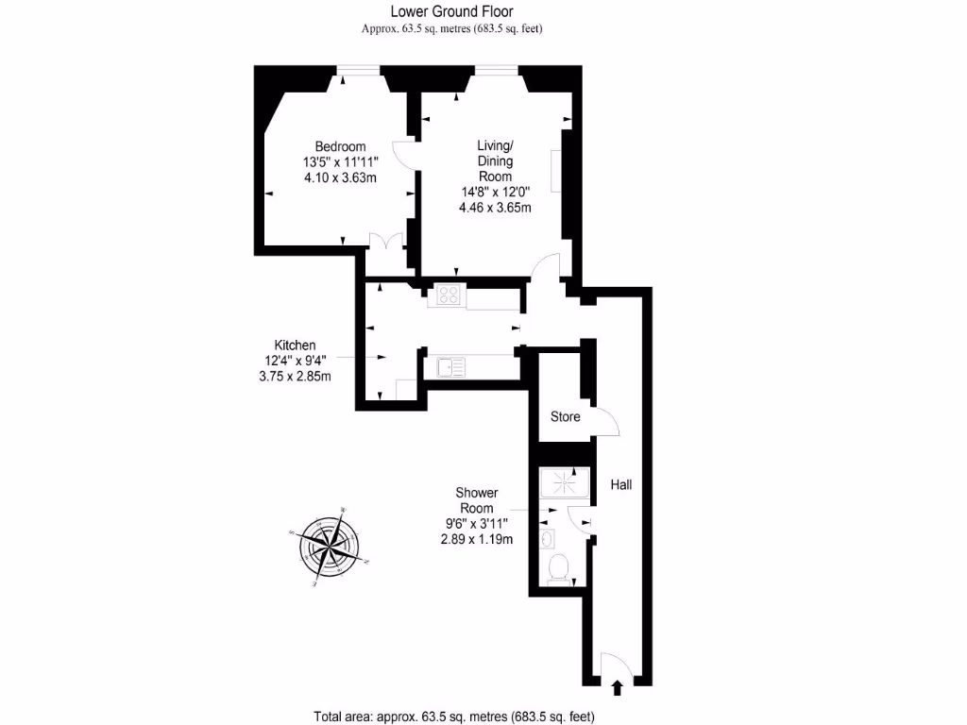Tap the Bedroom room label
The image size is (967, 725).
[x=340, y=146]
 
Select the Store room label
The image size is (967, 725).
[x=566, y=416]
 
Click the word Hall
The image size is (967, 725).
[x=620, y=485]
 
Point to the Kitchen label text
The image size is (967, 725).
[x=295, y=345]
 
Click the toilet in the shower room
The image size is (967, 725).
[x=558, y=567]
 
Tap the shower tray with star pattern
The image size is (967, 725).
[x=564, y=484]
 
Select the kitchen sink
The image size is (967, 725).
[x=450, y=365]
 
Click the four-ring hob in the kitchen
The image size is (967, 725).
[x=446, y=295]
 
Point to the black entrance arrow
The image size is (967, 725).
[x=618, y=687]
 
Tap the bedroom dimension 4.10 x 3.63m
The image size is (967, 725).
[x=340, y=177]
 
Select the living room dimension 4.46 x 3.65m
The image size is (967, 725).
[x=494, y=208]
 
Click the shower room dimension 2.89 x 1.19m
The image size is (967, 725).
[x=476, y=540]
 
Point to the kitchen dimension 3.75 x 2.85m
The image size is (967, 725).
[x=295, y=376]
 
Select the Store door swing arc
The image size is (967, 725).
[x=605, y=424]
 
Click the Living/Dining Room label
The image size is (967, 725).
[x=495, y=160]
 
